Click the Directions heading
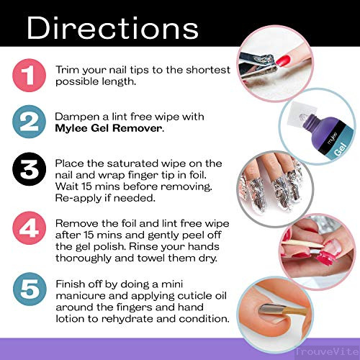112,27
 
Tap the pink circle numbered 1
29,75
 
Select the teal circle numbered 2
29,122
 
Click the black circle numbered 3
29,168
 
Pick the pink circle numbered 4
29,228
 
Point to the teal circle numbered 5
30,289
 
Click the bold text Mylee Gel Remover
109,128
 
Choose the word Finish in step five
70,284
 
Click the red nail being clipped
283,60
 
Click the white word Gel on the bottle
341,149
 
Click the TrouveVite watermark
327,352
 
